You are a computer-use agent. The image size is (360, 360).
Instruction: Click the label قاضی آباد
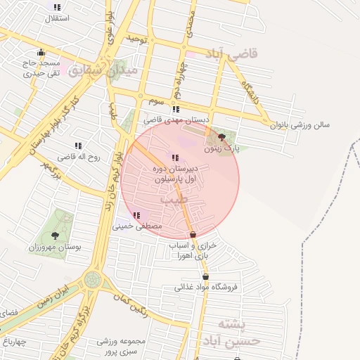point(233,53)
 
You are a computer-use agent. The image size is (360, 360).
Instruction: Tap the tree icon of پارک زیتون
point(222,137)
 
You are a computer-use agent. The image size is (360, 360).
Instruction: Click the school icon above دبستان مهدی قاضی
point(175,110)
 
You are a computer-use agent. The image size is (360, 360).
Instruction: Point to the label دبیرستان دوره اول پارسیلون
point(176,175)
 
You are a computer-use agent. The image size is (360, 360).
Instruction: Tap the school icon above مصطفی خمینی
point(136,215)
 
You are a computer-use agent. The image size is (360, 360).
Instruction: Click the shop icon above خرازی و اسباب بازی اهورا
point(193,234)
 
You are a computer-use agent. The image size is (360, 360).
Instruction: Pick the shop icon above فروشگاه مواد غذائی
point(205,277)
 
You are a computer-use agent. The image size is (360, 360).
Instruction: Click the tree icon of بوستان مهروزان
point(55,236)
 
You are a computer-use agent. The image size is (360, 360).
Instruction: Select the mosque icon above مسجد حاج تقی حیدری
point(41,52)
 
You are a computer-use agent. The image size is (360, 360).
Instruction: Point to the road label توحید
point(136,39)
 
